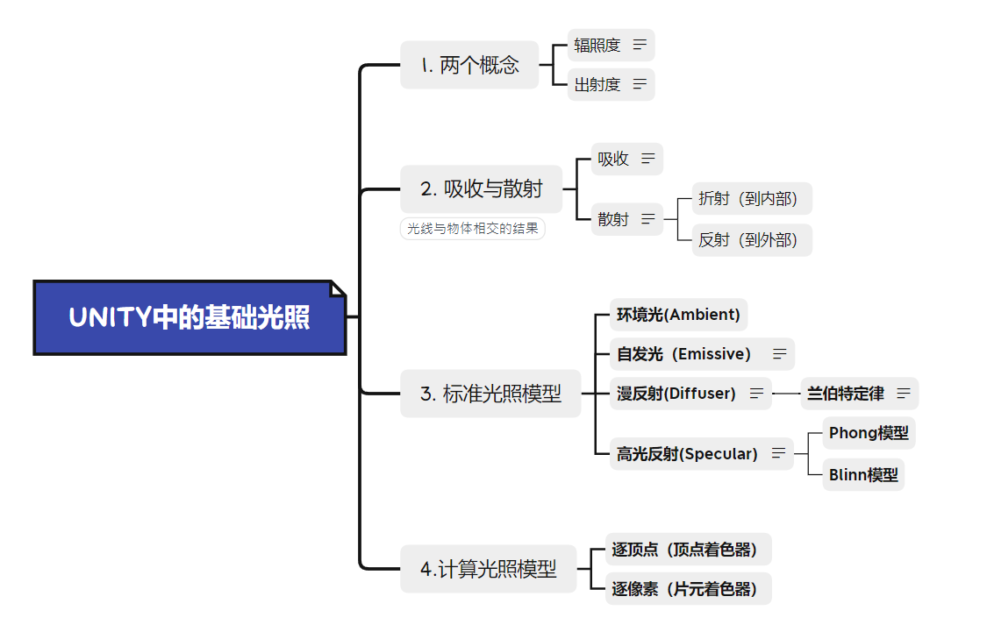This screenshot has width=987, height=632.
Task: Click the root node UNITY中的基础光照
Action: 189,317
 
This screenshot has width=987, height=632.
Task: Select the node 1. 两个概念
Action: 469,65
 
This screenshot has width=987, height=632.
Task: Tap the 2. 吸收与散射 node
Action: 481,188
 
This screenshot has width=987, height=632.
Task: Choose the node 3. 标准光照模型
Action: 490,394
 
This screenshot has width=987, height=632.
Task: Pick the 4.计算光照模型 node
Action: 489,569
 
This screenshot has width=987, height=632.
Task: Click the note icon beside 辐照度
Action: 640,45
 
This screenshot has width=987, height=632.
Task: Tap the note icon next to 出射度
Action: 640,84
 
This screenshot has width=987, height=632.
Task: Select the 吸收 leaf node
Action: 613,159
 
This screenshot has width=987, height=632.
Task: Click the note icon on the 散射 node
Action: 648,219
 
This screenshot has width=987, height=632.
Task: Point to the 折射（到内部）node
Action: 747,199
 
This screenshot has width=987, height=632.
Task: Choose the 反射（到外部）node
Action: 747,239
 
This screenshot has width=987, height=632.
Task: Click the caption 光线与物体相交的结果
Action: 472,230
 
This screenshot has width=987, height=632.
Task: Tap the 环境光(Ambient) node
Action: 678,315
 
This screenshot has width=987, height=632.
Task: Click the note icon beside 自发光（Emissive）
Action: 779,354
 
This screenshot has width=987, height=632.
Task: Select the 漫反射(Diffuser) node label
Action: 676,394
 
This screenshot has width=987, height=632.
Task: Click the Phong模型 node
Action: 869,433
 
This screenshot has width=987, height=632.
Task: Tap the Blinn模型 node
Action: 863,475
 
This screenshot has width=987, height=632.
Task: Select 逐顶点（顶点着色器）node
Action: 684,550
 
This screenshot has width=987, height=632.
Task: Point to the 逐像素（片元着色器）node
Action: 684,589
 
